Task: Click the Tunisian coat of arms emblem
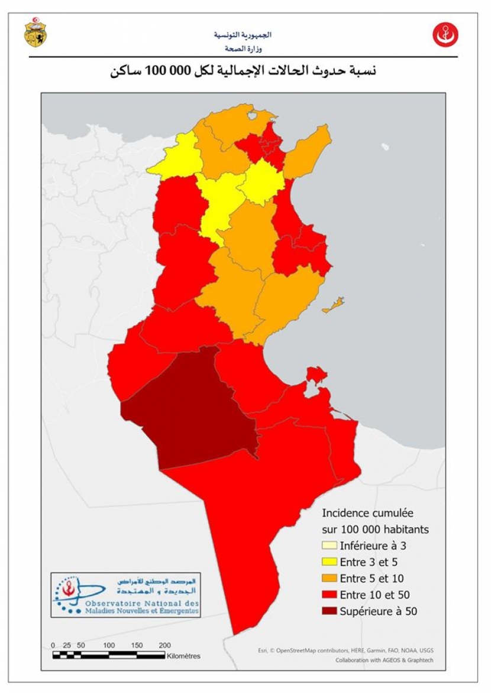(35, 33)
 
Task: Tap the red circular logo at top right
(445, 34)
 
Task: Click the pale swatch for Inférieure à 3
(329, 545)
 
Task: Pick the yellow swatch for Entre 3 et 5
(329, 562)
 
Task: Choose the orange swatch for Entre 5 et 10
(329, 578)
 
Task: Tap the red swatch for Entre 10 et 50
(329, 595)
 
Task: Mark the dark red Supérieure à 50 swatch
(329, 611)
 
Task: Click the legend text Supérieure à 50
(379, 611)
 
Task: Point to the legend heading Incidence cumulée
(367, 513)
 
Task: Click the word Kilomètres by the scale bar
(184, 656)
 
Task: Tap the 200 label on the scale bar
(165, 645)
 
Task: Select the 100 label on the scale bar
(109, 645)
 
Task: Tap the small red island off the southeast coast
(316, 374)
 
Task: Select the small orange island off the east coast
(334, 305)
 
